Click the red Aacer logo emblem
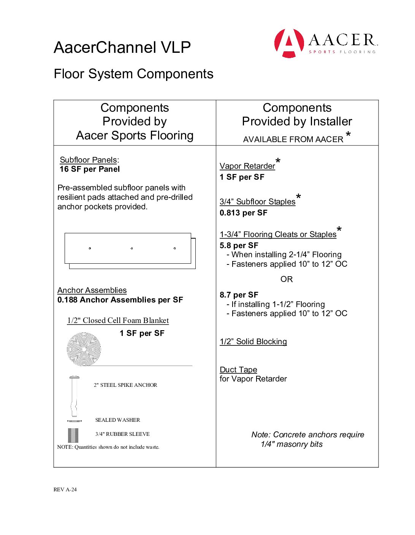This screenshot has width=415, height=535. [x=289, y=43]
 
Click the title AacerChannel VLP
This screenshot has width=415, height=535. [x=122, y=47]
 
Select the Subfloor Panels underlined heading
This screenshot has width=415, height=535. [x=88, y=160]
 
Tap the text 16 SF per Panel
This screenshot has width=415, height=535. [x=90, y=169]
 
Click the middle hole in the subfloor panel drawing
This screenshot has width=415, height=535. [x=132, y=249]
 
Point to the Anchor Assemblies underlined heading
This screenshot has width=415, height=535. [x=92, y=290]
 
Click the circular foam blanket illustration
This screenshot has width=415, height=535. [x=84, y=349]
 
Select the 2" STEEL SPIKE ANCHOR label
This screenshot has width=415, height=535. [x=125, y=385]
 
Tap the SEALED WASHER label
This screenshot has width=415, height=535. [x=117, y=420]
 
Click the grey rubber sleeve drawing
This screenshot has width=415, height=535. [x=73, y=435]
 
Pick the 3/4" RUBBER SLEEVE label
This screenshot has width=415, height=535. [x=122, y=434]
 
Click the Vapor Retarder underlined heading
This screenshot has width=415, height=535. [x=247, y=166]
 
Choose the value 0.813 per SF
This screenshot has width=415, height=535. [x=244, y=213]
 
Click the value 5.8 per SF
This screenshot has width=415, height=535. [x=239, y=246]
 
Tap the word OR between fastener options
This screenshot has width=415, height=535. [x=287, y=280]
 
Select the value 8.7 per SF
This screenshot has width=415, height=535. [x=239, y=295]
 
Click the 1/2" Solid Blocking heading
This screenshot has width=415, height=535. [x=253, y=342]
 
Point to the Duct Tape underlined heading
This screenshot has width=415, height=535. [x=238, y=370]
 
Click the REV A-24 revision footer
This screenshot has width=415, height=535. [x=65, y=490]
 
